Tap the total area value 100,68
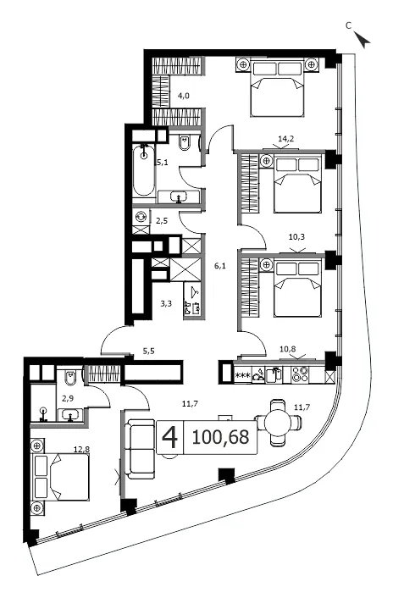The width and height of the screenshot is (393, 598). coord(221,437)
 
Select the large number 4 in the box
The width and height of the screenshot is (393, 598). coord(169,437)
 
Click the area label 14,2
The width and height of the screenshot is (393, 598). coord(286,139)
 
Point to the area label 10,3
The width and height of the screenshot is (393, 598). coord(296,237)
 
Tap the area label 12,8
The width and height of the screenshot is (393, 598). coord(81,449)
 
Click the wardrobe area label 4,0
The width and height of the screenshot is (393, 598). coord(183,96)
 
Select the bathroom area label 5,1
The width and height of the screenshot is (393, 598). coord(163,163)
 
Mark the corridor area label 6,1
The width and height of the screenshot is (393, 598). coord(219,266)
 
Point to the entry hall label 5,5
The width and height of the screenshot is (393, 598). coord(149,352)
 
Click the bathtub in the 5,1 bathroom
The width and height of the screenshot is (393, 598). coord(144,169)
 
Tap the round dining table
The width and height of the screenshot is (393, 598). coord(279,423)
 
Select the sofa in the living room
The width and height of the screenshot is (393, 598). coord(141,449)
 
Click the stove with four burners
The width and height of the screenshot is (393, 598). coord(300,374)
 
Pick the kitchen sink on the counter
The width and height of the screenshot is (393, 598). coord(274,374)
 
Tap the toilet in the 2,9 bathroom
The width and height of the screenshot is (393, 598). coord(70,378)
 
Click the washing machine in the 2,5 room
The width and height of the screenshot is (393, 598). coord(141,217)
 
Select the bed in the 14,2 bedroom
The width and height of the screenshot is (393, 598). coord(277,87)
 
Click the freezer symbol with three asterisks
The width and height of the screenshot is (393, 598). coord(243,376)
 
